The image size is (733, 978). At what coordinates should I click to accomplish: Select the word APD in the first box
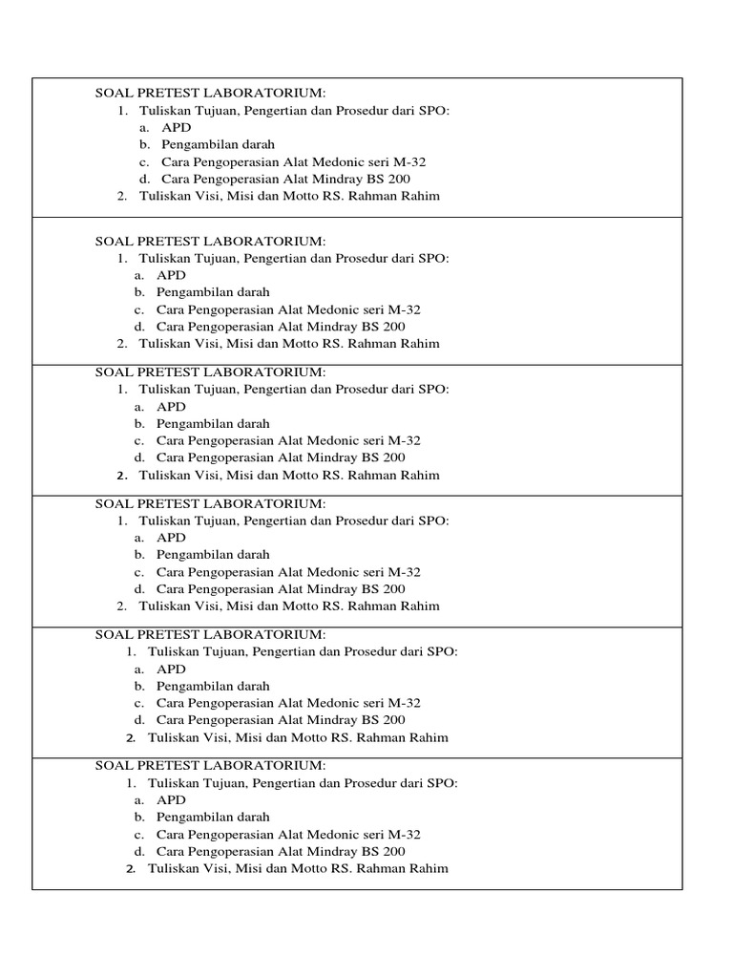(x=176, y=127)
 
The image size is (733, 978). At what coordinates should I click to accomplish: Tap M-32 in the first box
(x=408, y=161)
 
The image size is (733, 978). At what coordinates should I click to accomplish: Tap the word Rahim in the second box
(x=421, y=344)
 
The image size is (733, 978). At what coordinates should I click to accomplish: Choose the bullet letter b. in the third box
(x=139, y=423)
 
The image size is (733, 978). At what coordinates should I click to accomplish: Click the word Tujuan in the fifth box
(x=225, y=651)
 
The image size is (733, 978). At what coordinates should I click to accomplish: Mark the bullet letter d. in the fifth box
(x=139, y=720)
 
